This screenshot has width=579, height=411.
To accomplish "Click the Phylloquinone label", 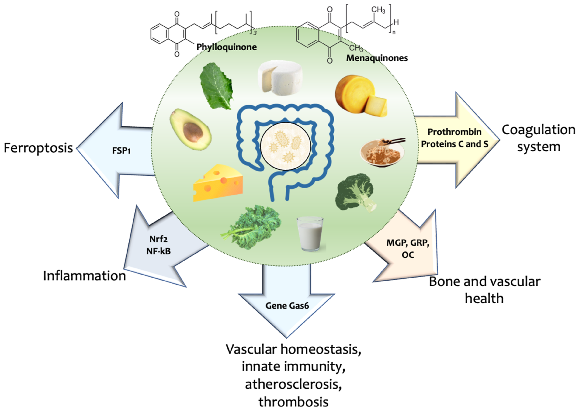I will [x=227, y=47].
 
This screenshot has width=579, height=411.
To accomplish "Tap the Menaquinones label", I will [x=377, y=58].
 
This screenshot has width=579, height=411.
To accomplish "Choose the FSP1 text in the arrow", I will [x=121, y=151].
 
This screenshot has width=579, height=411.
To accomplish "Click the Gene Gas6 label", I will [x=287, y=306].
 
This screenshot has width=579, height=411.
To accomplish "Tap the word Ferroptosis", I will [x=38, y=148].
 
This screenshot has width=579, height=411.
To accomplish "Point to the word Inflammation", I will [x=84, y=276].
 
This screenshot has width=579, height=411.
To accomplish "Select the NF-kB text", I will [x=158, y=251].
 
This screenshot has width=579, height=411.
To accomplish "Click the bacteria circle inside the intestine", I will [x=286, y=147].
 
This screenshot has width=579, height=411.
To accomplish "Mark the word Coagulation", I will [x=539, y=130].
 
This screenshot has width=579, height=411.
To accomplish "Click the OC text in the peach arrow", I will [x=408, y=255].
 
